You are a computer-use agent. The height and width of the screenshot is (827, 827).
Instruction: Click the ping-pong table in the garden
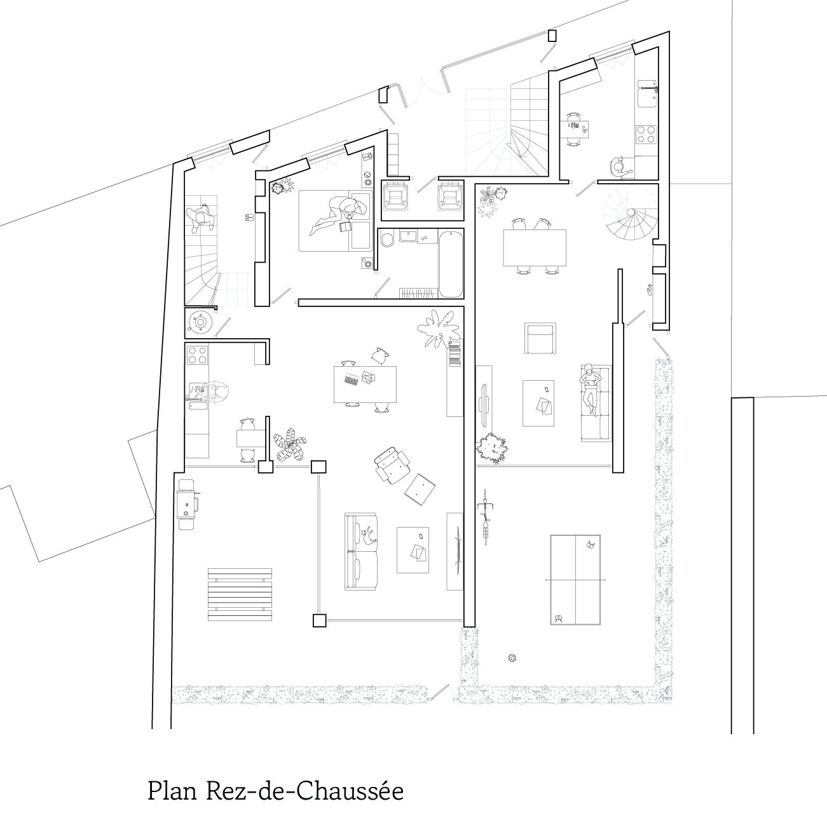click(x=575, y=580)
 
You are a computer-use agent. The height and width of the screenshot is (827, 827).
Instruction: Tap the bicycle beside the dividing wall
click(x=486, y=517)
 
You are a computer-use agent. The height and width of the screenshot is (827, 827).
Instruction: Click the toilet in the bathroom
click(x=387, y=240)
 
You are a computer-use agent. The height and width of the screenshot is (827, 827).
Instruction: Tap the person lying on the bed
click(x=338, y=215)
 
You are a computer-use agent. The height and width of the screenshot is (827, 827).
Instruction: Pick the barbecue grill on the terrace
click(x=188, y=505)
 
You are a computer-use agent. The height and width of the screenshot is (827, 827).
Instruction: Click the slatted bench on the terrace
click(x=240, y=595)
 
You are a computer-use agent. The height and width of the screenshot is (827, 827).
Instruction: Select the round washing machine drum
click(x=200, y=322)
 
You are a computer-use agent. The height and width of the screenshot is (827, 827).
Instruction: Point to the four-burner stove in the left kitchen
click(x=198, y=355)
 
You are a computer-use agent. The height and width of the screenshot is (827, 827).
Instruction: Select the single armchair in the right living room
click(x=540, y=339)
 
